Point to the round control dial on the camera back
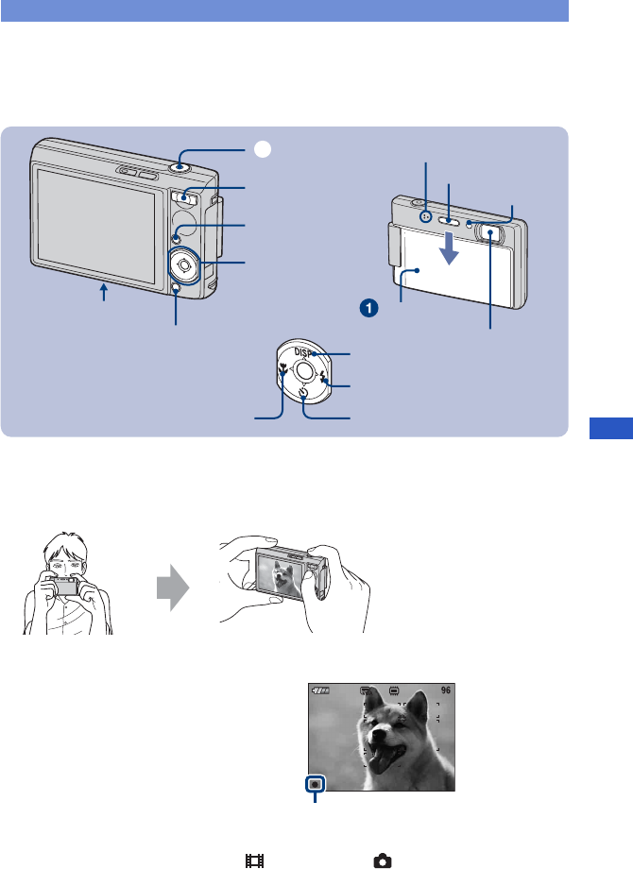[185, 265]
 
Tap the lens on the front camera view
[491, 230]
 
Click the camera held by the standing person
[65, 587]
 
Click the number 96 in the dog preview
[446, 690]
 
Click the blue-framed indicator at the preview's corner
[315, 783]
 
